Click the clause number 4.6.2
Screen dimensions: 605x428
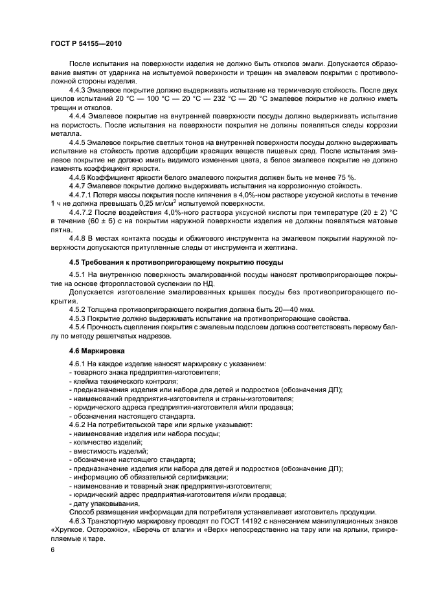79,424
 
